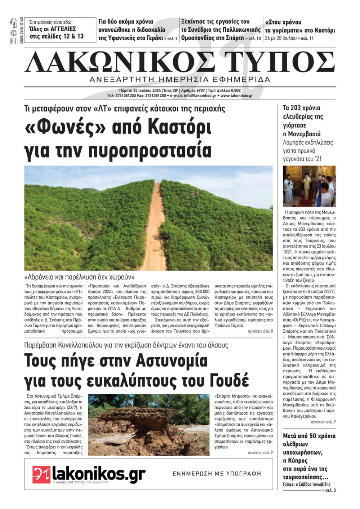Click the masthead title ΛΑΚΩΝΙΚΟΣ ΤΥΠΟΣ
click(180, 62)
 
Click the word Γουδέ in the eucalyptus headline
click(227, 380)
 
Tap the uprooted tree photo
click(148, 424)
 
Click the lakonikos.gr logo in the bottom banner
click(89, 474)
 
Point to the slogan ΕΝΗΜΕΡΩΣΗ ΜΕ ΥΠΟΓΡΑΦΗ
click(217, 474)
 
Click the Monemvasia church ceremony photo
click(309, 186)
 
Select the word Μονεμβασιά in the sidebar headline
click(302, 134)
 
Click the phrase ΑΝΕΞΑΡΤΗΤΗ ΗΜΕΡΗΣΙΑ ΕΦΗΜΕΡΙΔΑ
click(180, 79)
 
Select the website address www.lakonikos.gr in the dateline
click(237, 96)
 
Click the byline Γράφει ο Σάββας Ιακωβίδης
click(306, 484)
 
